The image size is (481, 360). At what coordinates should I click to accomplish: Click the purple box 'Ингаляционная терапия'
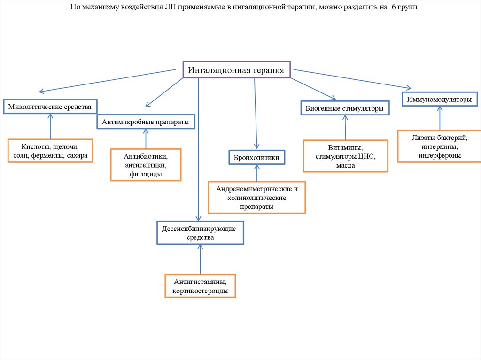point(236,70)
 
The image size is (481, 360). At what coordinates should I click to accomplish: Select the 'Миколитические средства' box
point(50,107)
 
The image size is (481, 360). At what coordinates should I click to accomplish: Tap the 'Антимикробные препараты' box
point(146,122)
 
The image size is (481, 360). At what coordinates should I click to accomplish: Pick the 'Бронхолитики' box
point(256,157)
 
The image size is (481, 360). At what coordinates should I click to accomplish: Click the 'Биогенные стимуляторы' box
point(345,108)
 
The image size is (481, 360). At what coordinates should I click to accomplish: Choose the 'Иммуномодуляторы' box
point(439,100)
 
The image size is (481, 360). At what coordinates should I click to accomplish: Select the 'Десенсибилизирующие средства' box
point(200,233)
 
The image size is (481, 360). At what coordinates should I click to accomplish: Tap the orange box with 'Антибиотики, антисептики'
point(146,165)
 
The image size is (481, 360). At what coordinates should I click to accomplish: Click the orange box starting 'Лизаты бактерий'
point(440,146)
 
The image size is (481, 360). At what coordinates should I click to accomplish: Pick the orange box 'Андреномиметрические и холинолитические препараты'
point(257,197)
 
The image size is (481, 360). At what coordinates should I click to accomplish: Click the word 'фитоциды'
point(146,174)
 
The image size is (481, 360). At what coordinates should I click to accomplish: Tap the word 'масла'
point(345,165)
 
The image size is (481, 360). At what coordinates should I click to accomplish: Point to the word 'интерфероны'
point(440,155)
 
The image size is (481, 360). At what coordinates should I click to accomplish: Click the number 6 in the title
point(394,8)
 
